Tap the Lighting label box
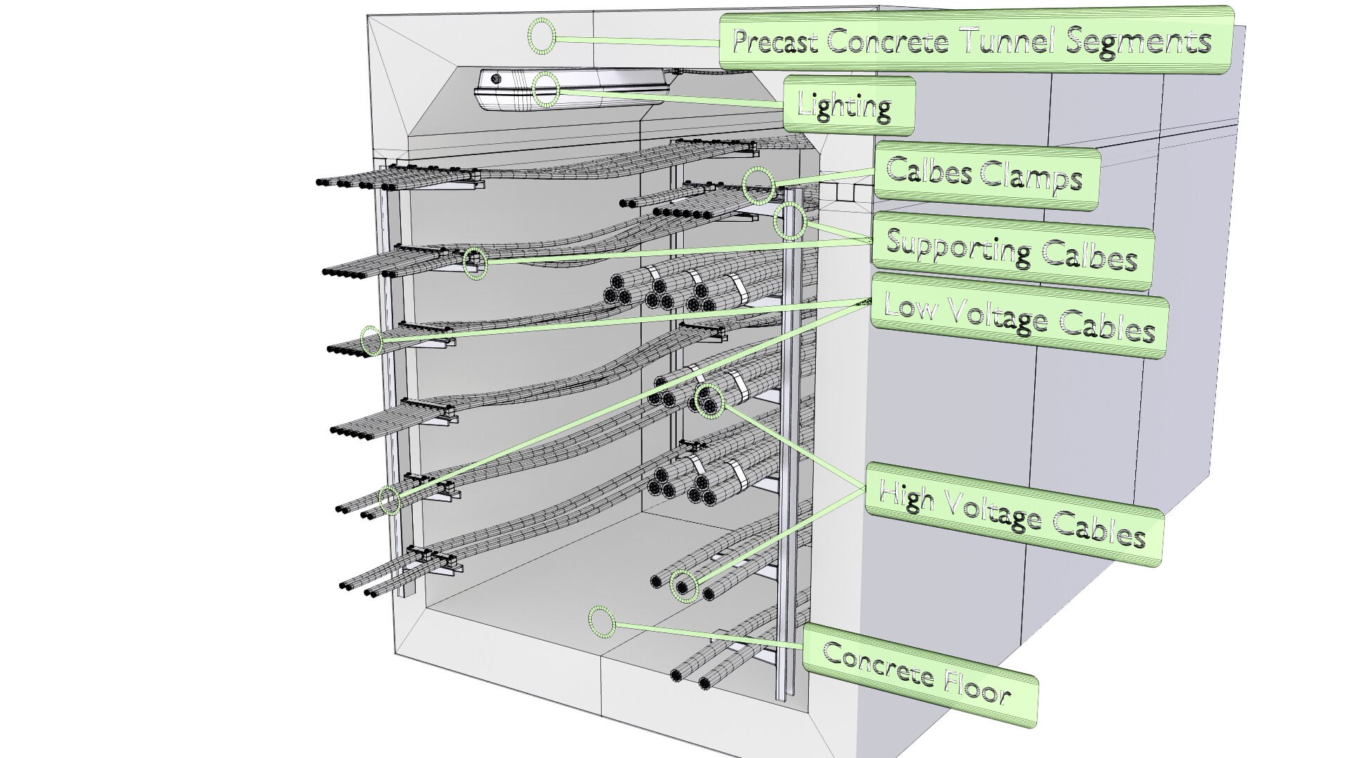tap(848, 106)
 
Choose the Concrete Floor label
tap(918, 674)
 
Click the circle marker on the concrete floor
tap(602, 622)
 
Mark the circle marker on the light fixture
tap(546, 89)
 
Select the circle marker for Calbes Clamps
tap(759, 185)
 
